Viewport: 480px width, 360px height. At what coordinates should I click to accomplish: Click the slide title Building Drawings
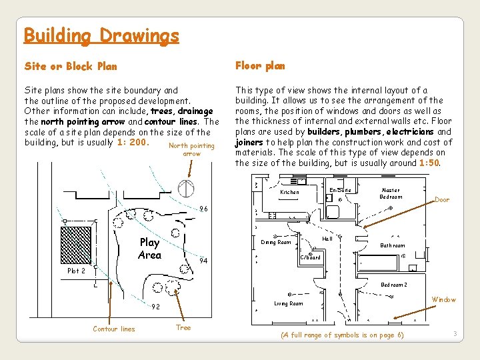101,35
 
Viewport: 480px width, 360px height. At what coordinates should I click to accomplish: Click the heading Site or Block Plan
71,66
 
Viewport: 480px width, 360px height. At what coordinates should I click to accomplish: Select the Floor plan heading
260,65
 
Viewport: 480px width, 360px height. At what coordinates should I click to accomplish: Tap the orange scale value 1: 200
132,143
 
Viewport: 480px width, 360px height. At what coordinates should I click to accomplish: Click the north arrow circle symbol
188,188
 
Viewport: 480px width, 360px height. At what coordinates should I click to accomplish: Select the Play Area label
149,249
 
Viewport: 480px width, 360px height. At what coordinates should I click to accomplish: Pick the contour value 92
155,307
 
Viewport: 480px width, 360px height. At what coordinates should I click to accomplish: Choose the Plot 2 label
77,271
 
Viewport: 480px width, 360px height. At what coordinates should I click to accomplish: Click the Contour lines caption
113,329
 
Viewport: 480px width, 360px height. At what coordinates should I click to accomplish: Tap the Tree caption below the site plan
183,327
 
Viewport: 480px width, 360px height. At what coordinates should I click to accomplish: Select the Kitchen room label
289,193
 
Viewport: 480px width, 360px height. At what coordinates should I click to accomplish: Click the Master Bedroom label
391,193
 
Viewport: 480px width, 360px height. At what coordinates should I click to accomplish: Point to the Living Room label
288,304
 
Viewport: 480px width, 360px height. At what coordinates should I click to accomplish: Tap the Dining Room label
276,242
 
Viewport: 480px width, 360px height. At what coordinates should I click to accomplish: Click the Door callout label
442,200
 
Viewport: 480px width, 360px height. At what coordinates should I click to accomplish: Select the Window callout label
444,300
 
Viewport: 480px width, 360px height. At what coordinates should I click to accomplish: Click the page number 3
455,333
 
